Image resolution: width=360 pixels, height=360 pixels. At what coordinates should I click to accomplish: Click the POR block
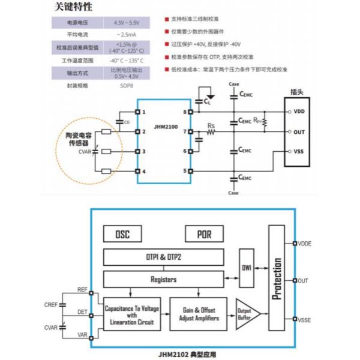204,234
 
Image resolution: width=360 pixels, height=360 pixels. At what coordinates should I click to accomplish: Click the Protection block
277,279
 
